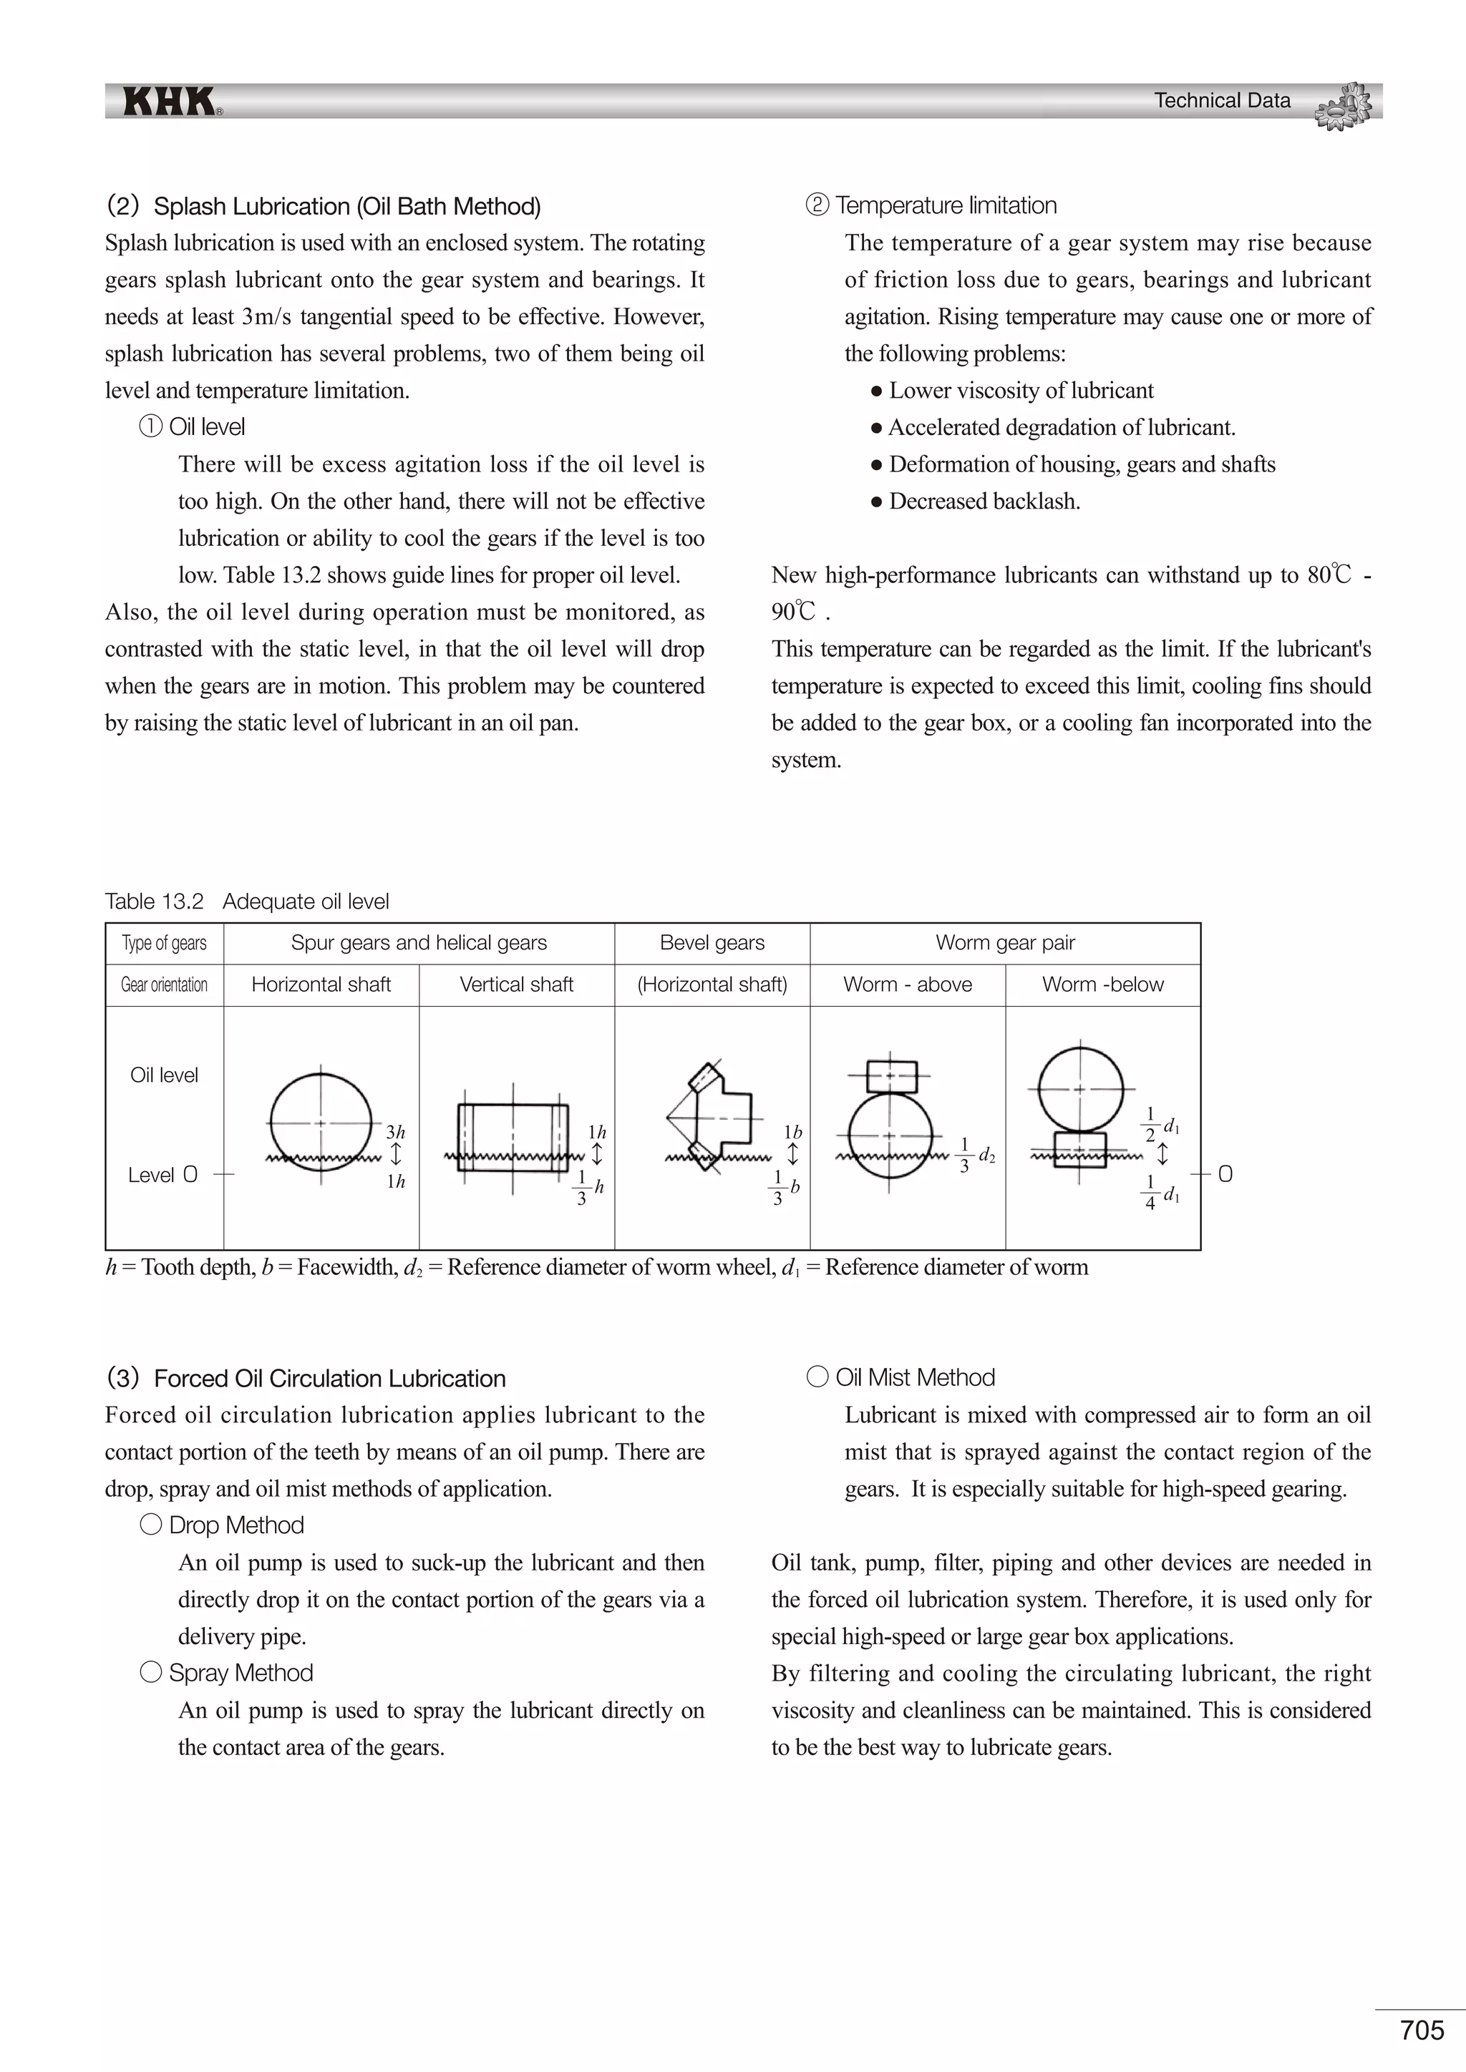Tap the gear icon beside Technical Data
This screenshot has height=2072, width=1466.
click(1344, 106)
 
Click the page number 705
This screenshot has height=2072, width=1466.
click(1422, 2030)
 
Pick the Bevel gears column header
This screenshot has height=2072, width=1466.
click(712, 943)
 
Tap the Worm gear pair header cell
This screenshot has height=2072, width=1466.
click(1005, 943)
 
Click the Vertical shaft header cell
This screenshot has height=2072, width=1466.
click(516, 984)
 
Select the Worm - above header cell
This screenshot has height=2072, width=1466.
click(907, 984)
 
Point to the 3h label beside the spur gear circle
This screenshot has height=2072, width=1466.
click(395, 1132)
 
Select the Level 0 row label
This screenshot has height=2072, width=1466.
click(162, 1175)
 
